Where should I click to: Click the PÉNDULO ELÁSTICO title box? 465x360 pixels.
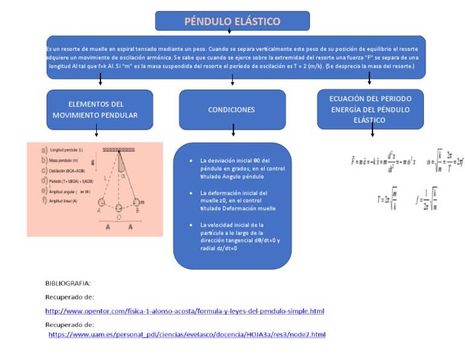tap(232, 21)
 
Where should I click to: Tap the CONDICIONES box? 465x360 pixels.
tap(232, 110)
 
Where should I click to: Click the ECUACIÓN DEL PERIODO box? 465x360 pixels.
tap(370, 109)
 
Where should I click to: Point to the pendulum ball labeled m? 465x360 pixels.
tap(136, 202)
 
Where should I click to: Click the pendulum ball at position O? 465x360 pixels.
tap(119, 208)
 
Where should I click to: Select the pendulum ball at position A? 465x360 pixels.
tap(101, 202)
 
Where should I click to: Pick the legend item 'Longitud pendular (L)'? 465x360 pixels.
tap(67, 150)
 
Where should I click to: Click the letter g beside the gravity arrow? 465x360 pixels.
tap(93, 162)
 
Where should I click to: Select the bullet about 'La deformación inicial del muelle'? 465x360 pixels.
tap(233, 201)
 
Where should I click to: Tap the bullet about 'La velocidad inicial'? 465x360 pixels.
tap(236, 236)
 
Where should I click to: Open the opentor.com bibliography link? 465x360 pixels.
tap(185, 311)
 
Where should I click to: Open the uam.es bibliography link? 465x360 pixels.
tap(187, 335)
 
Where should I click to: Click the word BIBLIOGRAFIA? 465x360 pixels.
tap(68, 283)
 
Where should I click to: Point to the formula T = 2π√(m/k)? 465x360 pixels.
tap(387, 198)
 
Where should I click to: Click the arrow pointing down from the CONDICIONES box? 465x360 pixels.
tap(233, 130)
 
